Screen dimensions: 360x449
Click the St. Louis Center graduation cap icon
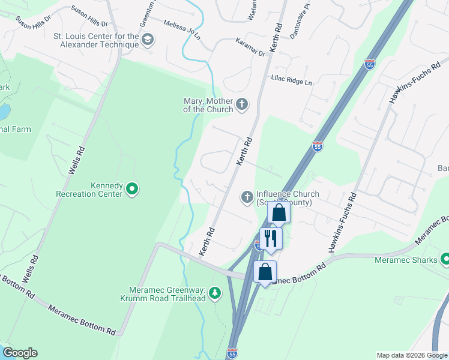[148, 40]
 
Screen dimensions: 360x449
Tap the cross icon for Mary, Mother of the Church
[241, 106]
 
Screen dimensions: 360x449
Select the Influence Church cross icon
[247, 197]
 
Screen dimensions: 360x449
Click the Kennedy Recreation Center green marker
[132, 190]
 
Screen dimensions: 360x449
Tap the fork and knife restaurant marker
[270, 238]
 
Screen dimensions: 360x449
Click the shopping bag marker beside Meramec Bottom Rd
[265, 272]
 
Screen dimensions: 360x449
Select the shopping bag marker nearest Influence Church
[279, 212]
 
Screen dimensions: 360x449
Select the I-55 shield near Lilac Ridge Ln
[369, 63]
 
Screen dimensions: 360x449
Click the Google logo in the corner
[19, 353]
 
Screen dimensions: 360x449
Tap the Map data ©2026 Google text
[412, 355]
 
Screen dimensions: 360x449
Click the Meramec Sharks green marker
[445, 259]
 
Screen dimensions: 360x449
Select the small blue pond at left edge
[4, 112]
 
